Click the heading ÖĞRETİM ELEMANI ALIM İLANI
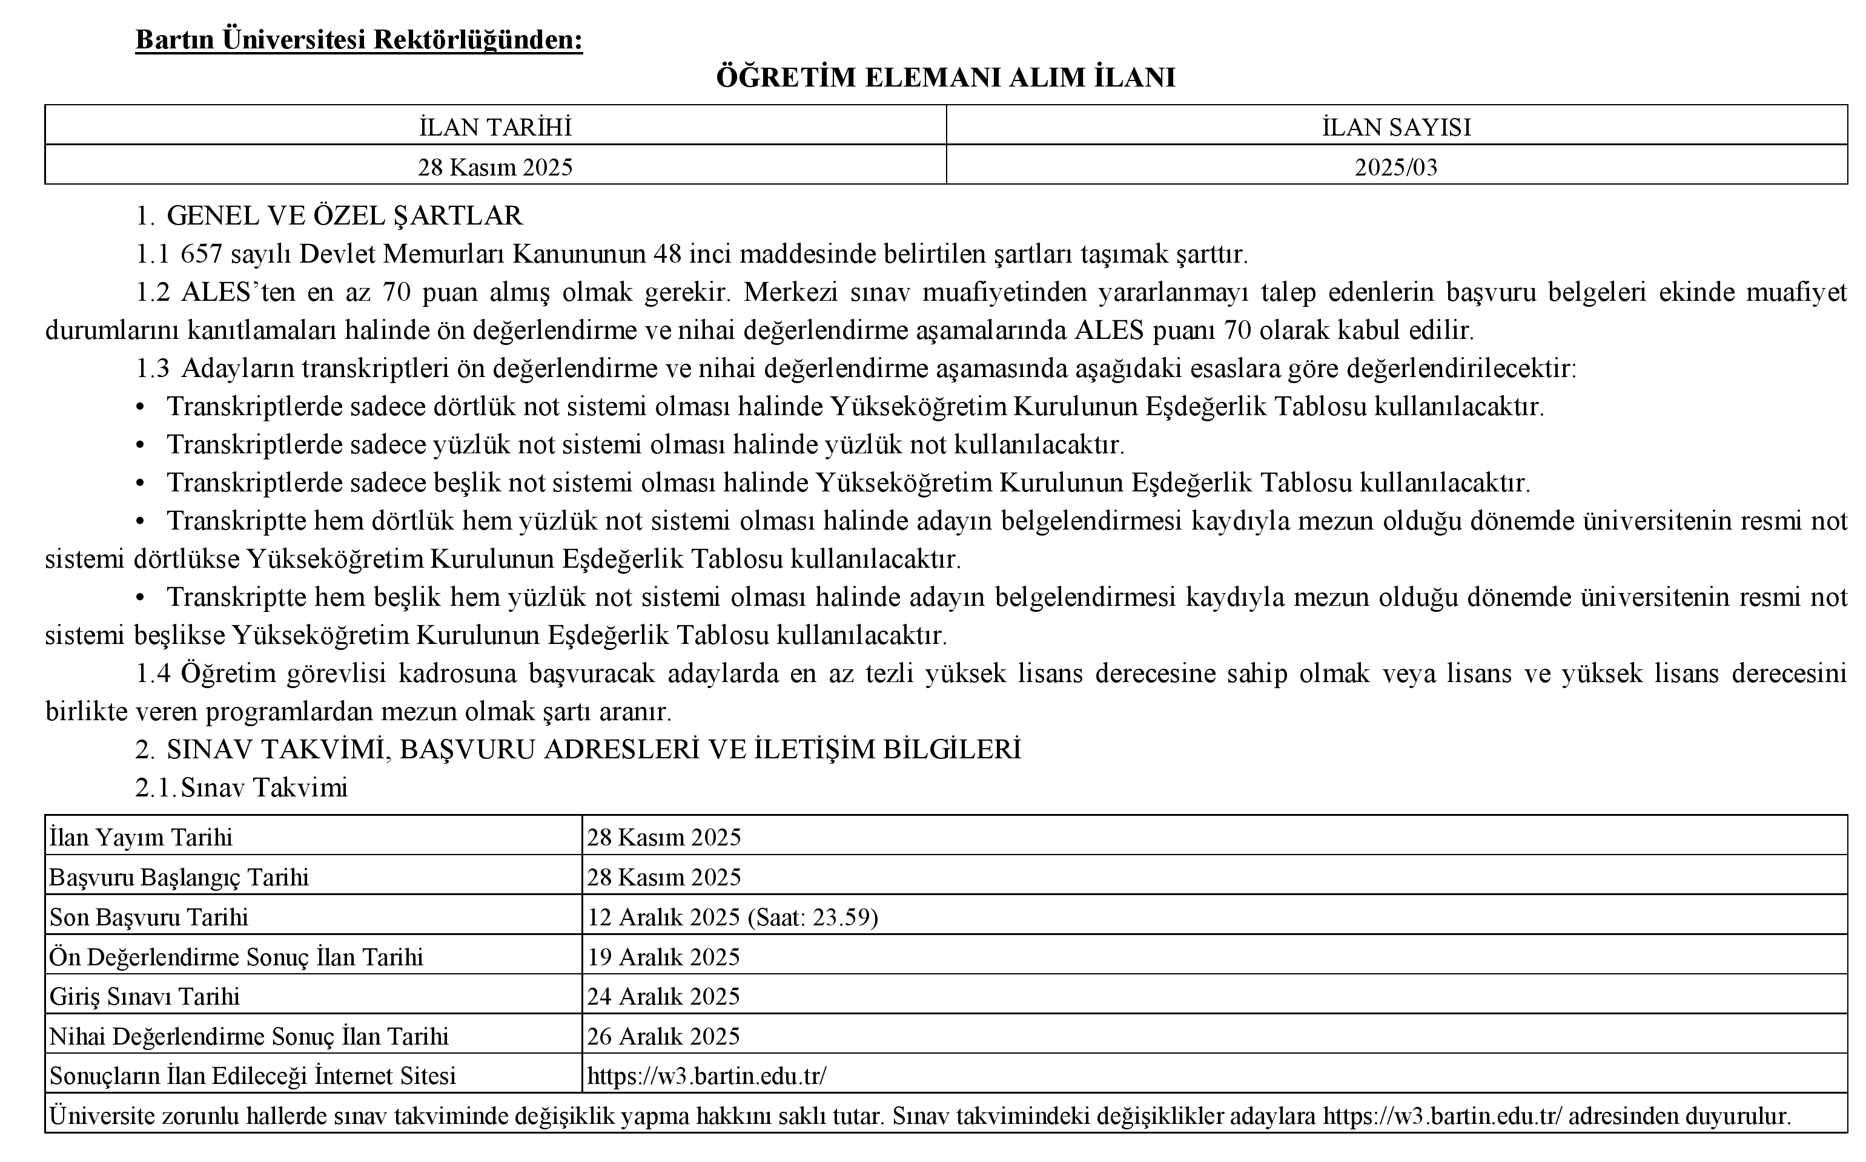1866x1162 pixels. (x=945, y=79)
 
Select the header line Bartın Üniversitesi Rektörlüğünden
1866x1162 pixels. (x=359, y=40)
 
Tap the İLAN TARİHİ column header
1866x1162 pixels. (x=495, y=128)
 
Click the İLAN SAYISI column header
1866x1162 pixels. (x=1396, y=128)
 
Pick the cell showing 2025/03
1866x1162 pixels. (x=1395, y=168)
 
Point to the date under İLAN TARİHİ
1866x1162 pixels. (x=495, y=168)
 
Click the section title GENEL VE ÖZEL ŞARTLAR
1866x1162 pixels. (x=345, y=216)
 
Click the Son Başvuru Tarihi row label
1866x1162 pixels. (x=149, y=917)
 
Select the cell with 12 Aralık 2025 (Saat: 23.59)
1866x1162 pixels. (x=732, y=917)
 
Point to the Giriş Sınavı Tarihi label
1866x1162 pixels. (x=145, y=997)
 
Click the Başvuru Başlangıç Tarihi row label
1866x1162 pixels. (x=179, y=878)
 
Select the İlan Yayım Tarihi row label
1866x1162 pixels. (x=141, y=838)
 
